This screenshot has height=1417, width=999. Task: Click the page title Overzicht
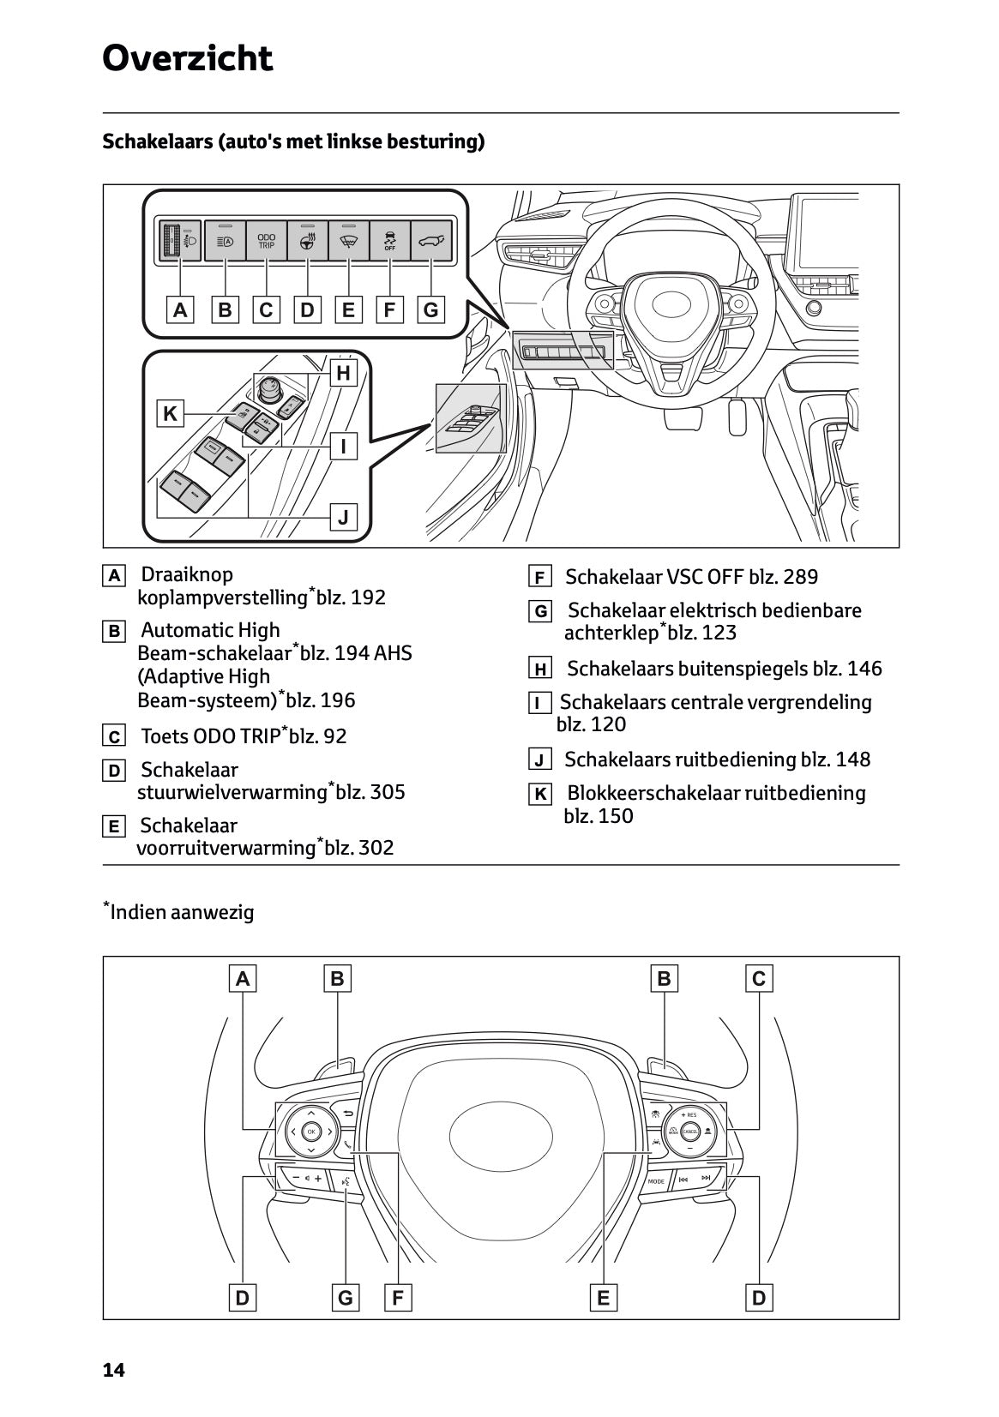(x=187, y=59)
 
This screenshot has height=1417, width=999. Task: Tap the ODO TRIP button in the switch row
(x=267, y=241)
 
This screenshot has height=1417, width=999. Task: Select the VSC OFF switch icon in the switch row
(x=389, y=241)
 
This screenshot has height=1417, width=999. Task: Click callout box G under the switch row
(x=430, y=309)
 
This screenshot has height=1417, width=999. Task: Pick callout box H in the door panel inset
(x=343, y=373)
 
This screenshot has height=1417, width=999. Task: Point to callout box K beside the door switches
(x=170, y=414)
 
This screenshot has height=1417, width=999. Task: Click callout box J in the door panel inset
(x=343, y=517)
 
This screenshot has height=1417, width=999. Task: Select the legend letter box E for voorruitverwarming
(x=113, y=827)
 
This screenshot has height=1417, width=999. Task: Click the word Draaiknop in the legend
(x=186, y=574)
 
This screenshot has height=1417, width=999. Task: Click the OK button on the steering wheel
(x=310, y=1132)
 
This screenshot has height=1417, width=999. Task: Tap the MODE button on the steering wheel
(x=656, y=1181)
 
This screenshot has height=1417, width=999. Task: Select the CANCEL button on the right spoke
(x=689, y=1132)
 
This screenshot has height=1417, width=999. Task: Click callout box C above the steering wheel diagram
(x=758, y=978)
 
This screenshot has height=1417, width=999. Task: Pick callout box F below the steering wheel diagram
(x=397, y=1298)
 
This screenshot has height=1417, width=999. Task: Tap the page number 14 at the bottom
(x=113, y=1371)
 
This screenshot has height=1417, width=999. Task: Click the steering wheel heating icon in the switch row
(x=307, y=241)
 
